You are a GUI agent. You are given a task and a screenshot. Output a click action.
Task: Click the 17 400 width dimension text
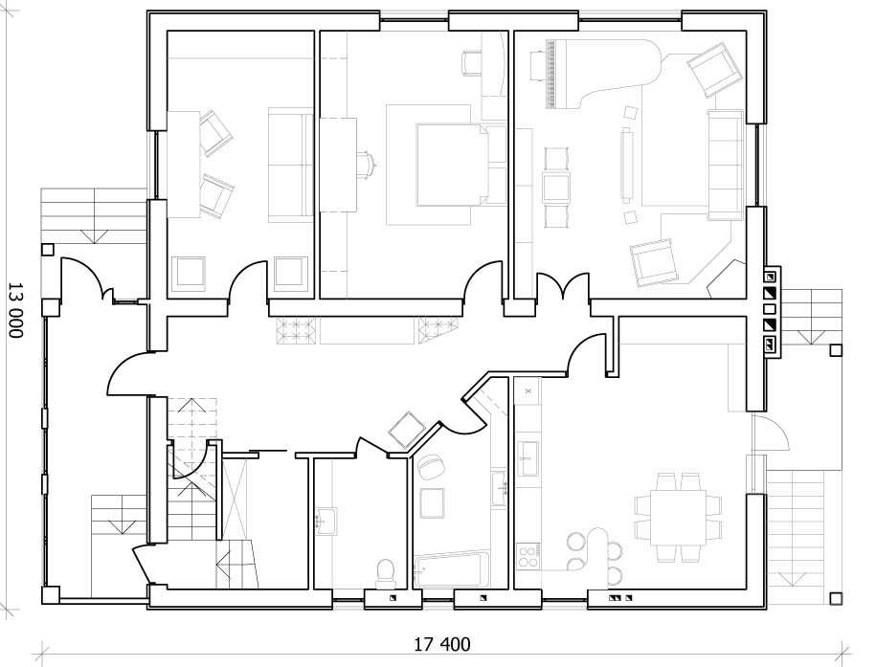442,645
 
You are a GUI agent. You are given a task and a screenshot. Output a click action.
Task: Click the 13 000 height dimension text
15,309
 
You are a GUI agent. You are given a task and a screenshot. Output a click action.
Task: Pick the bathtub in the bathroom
452,569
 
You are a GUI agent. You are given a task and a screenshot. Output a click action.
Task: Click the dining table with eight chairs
678,518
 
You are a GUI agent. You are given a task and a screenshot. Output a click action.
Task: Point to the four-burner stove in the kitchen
528,556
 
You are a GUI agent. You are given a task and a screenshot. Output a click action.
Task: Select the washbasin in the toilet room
326,522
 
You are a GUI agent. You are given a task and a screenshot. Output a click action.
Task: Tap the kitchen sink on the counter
528,458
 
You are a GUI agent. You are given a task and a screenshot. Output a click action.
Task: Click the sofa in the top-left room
290,166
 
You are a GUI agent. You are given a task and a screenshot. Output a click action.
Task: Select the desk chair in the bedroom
367,165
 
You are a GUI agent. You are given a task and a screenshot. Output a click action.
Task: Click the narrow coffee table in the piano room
626,165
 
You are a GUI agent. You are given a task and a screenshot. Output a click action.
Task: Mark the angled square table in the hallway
408,430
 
